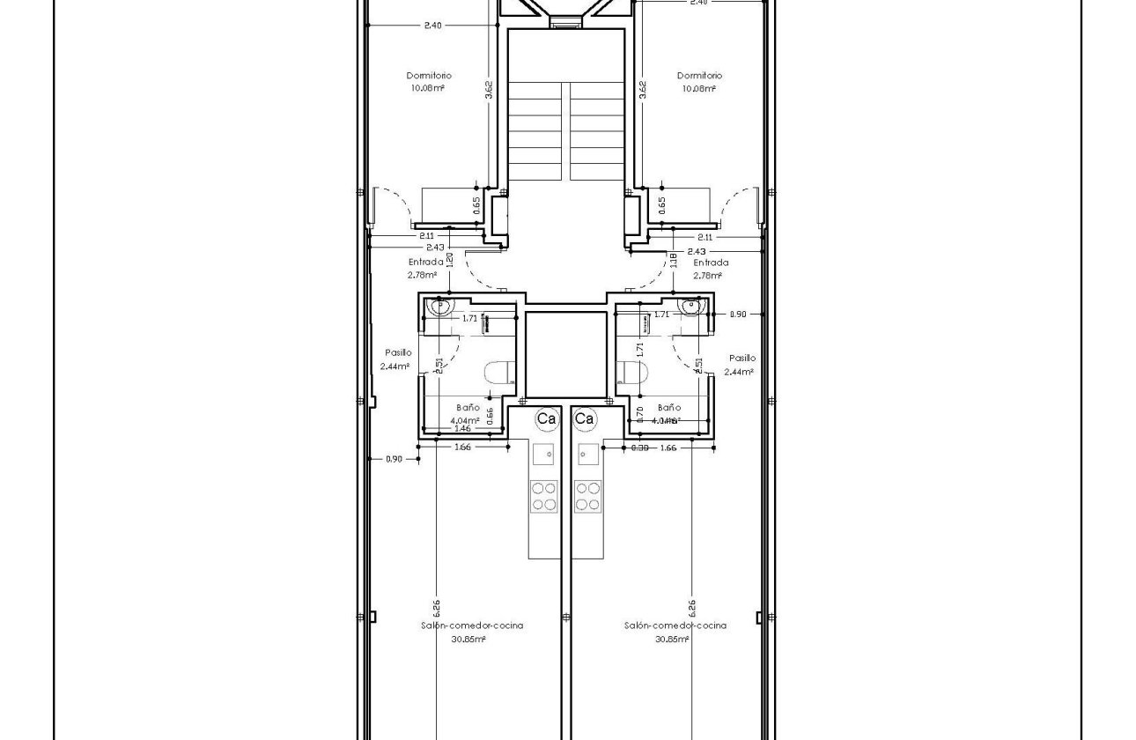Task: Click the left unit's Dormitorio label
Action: (429, 76)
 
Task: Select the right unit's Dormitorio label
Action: (699, 76)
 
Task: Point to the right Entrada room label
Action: (711, 262)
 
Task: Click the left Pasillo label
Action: (398, 352)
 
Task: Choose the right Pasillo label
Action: (742, 358)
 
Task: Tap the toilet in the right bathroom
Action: (631, 373)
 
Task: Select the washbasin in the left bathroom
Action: (439, 307)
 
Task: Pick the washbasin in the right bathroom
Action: (693, 307)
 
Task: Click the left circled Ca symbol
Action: (546, 419)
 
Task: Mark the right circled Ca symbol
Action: (585, 419)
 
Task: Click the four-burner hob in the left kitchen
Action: (543, 495)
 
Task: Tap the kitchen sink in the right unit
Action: (588, 455)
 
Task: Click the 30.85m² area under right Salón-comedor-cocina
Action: (672, 640)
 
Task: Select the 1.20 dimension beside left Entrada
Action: (450, 260)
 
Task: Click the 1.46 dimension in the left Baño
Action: (461, 428)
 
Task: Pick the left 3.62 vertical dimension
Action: (488, 90)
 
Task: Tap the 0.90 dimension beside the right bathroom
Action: (738, 314)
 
